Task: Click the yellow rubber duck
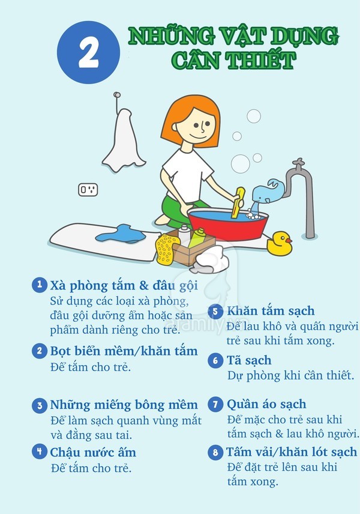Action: pos(279,244)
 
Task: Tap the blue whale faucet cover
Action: pos(268,191)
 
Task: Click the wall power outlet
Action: pos(88,190)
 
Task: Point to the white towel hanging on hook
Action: pos(124,141)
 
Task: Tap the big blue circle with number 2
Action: pos(88,52)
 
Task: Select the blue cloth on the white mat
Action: pos(121,234)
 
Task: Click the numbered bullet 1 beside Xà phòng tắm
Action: pos(40,285)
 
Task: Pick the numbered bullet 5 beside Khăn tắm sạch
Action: pos(215,311)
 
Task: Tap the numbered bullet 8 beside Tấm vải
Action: pos(215,453)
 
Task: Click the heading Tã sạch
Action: pos(249,360)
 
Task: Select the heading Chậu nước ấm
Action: pos(93,452)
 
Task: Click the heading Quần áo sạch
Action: pos(266,404)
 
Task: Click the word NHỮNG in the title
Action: pos(172,37)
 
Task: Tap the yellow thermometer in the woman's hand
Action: pos(238,202)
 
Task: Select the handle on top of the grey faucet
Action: pos(298,163)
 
